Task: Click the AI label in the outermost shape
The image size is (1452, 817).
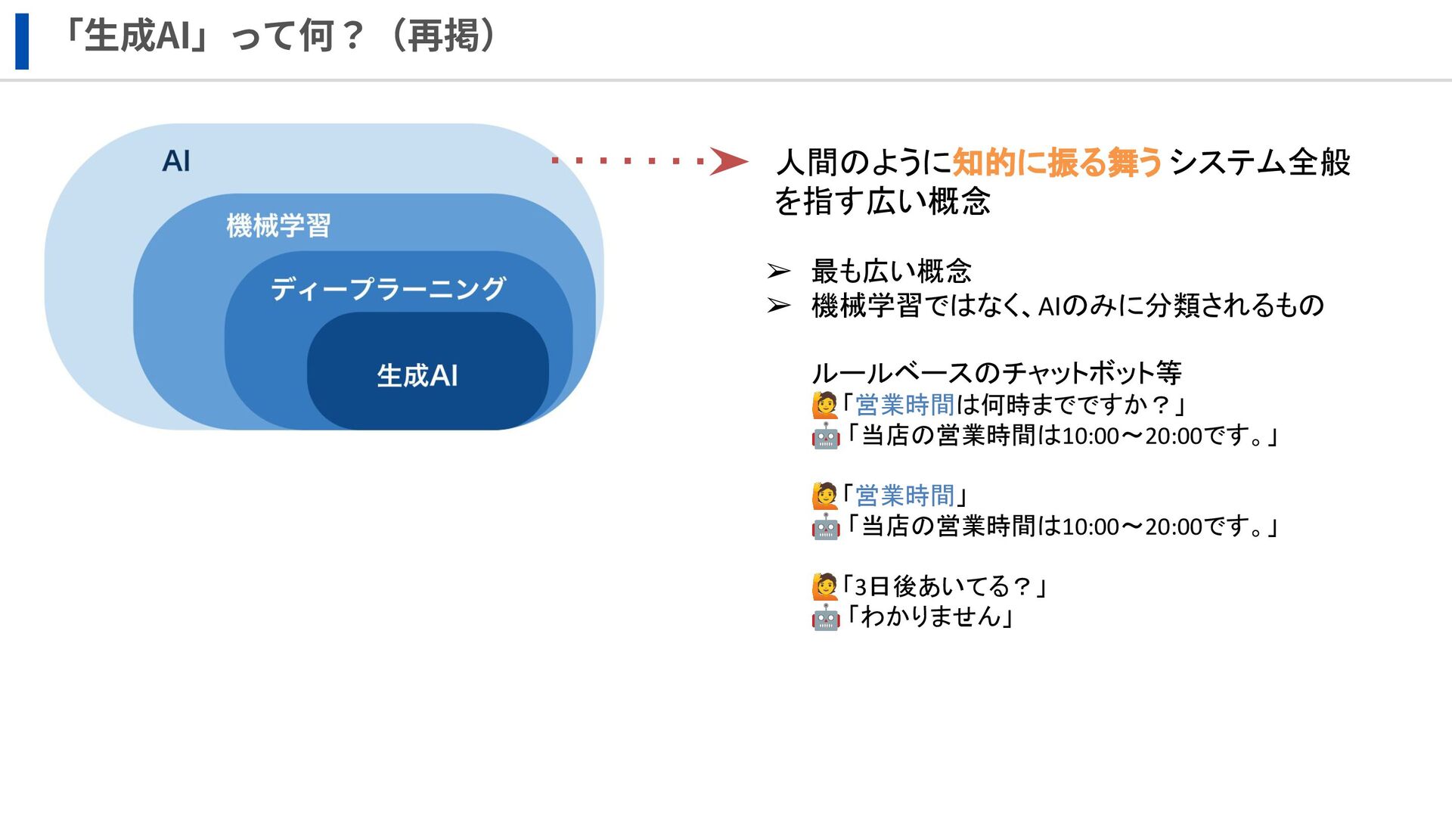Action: [176, 161]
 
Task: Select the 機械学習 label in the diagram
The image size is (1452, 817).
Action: [278, 225]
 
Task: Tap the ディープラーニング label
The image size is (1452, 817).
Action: [388, 288]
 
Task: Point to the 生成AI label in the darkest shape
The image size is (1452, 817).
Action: [417, 375]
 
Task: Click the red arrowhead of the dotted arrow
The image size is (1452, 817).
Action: [728, 161]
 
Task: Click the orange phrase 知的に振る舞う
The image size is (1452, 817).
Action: [1056, 163]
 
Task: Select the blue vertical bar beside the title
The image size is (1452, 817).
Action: [22, 42]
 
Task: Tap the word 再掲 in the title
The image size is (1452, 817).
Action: [443, 36]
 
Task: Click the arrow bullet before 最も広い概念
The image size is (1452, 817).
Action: [778, 271]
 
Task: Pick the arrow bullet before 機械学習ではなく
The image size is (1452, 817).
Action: [778, 306]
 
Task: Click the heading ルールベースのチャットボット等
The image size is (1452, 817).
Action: [996, 372]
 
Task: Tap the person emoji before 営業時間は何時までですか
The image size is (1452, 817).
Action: [825, 405]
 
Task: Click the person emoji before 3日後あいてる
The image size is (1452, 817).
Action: [825, 586]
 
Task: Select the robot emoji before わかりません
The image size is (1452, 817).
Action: [825, 617]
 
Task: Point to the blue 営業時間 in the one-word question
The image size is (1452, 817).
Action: [904, 495]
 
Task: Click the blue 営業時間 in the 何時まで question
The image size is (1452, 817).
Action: [904, 405]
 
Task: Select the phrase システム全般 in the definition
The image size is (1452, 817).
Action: [1259, 163]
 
